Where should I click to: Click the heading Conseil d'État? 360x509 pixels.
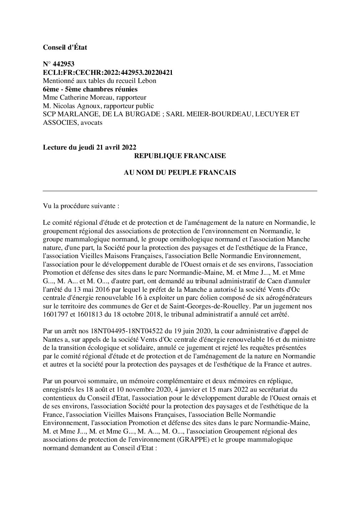tap(65, 48)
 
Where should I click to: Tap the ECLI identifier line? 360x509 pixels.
tap(108, 72)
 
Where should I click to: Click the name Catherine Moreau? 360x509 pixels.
tap(79, 98)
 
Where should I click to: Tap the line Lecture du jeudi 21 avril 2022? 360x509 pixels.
tap(89, 148)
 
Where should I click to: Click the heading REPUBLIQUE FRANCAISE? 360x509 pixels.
tap(180, 156)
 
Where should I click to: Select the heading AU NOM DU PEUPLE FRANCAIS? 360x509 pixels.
tap(180, 173)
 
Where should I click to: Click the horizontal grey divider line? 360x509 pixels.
tap(180, 191)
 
